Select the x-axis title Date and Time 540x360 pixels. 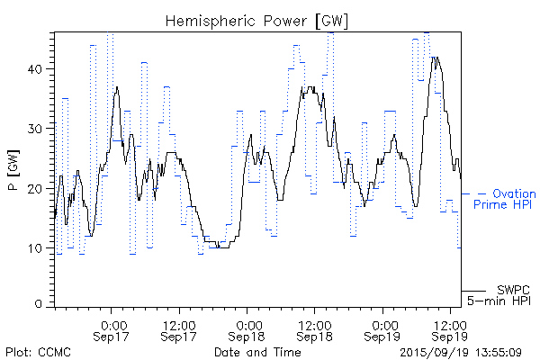coord(257,351)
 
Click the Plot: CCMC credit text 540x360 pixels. coord(35,351)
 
